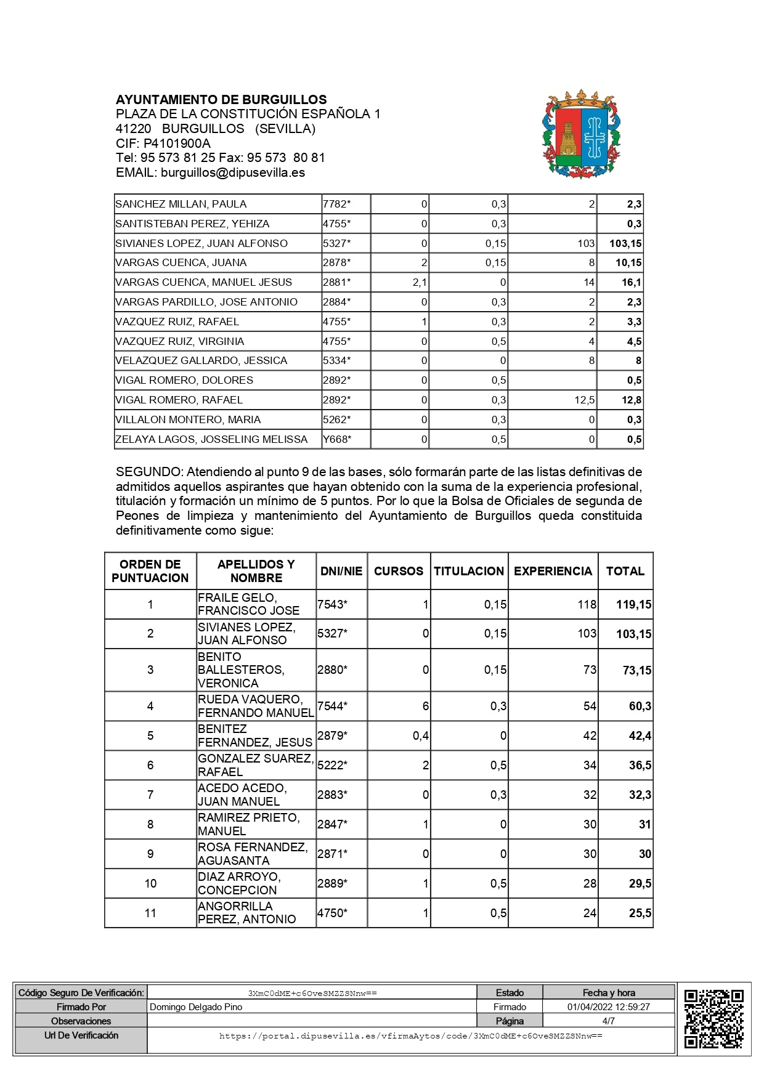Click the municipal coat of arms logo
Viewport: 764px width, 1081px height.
pyautogui.click(x=581, y=135)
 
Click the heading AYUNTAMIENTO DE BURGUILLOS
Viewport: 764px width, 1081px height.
pyautogui.click(x=221, y=100)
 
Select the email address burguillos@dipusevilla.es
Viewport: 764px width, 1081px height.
pyautogui.click(x=232, y=173)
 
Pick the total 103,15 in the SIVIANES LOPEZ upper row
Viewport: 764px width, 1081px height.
pyautogui.click(x=625, y=243)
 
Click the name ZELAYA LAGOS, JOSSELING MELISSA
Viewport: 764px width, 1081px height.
pyautogui.click(x=211, y=439)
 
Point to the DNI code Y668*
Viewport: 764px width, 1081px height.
pyautogui.click(x=337, y=439)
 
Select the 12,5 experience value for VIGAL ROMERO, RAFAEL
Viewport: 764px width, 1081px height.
pyautogui.click(x=584, y=400)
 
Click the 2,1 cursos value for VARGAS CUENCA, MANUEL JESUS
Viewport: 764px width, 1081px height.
pyautogui.click(x=420, y=283)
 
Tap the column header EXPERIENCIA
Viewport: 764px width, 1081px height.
pyautogui.click(x=553, y=571)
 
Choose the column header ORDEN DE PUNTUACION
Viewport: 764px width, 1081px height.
pyautogui.click(x=150, y=571)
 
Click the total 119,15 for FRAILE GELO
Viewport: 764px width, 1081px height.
pyautogui.click(x=633, y=605)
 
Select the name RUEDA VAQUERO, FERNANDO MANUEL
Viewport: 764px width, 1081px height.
pyautogui.click(x=256, y=706)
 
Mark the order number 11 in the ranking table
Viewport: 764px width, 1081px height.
pyautogui.click(x=150, y=913)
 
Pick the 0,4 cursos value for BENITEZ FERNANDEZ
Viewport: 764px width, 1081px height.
pyautogui.click(x=420, y=735)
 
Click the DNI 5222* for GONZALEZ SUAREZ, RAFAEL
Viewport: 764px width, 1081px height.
pyautogui.click(x=332, y=765)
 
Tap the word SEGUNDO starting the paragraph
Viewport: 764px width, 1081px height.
pyautogui.click(x=148, y=472)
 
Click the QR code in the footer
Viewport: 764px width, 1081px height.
pyautogui.click(x=714, y=1019)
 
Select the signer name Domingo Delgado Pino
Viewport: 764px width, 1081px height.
pyautogui.click(x=196, y=1007)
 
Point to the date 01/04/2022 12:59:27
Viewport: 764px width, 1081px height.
pyautogui.click(x=608, y=1007)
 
